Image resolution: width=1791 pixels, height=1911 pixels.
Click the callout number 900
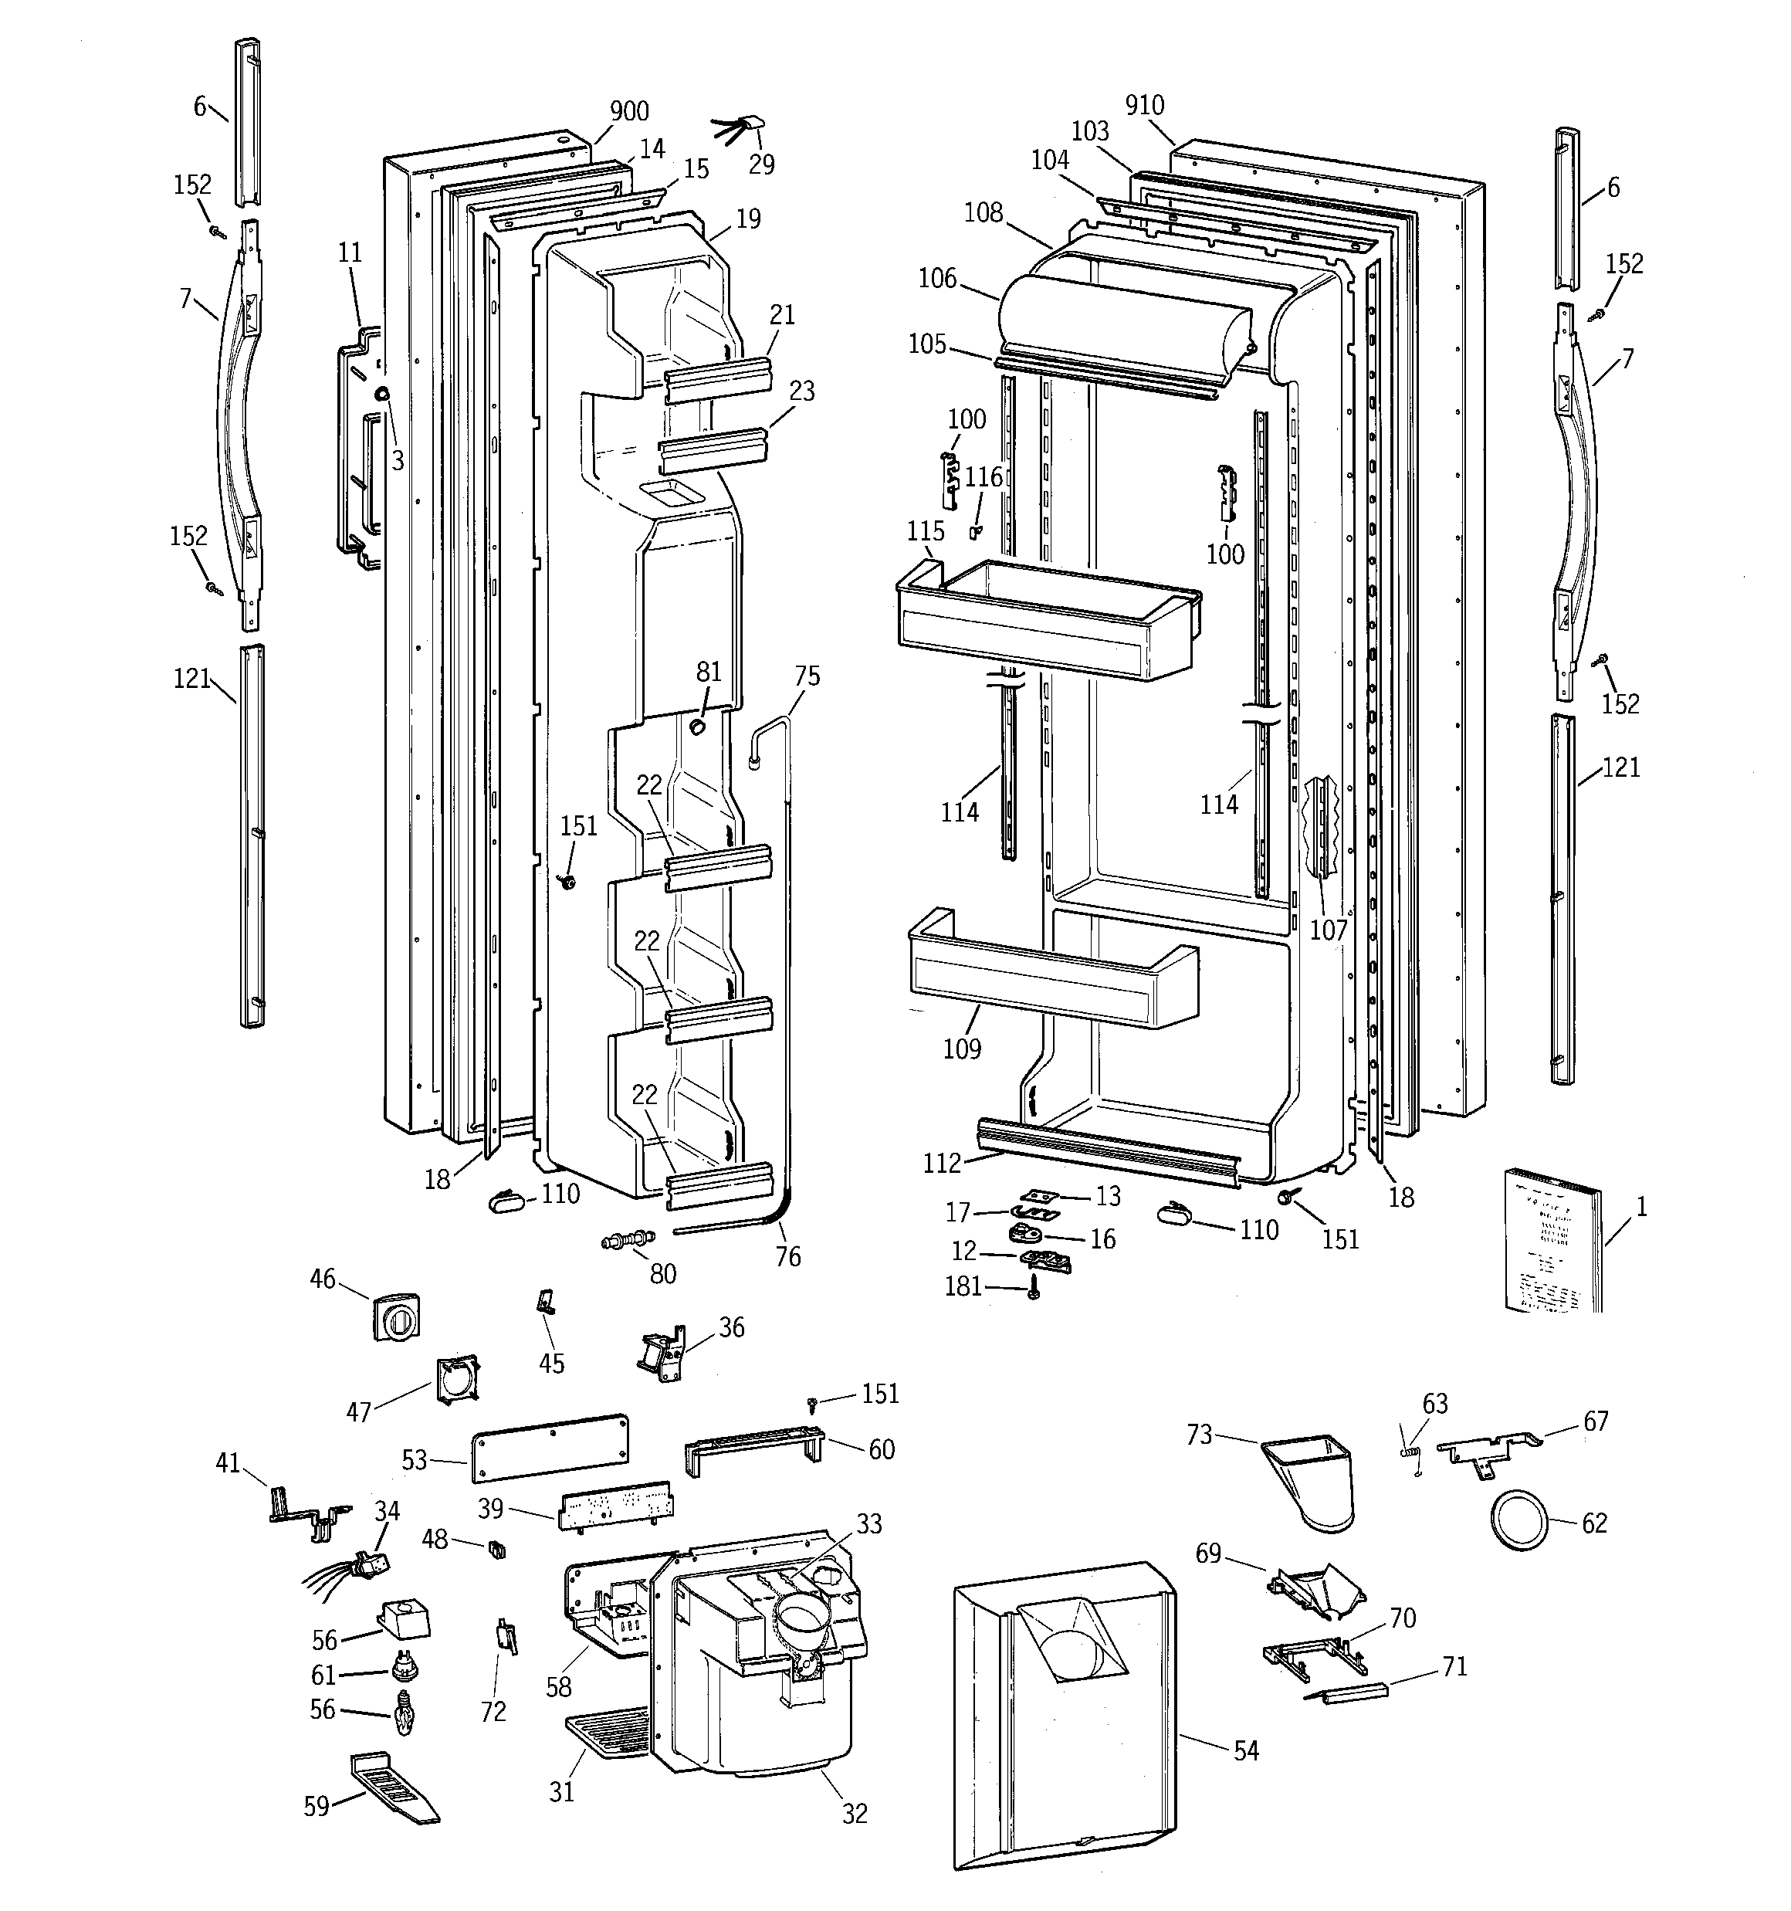630,111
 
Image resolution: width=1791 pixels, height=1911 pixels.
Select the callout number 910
1145,106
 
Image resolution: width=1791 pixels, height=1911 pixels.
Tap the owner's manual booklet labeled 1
1551,1253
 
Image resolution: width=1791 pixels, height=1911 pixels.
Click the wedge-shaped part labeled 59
394,1787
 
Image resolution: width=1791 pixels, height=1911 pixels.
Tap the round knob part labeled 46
395,1316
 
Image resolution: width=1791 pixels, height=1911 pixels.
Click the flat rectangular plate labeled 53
550,1445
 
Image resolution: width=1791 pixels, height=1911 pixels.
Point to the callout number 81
709,672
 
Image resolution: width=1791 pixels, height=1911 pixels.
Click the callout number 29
761,164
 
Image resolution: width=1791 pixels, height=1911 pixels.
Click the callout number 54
1246,1750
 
